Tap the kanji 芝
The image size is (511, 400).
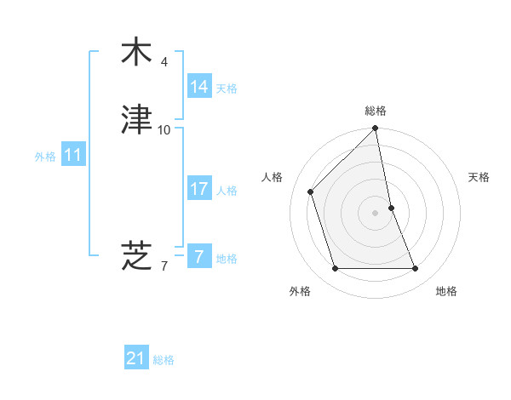136,254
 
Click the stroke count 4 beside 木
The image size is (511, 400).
164,62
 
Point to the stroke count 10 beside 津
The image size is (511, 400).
164,130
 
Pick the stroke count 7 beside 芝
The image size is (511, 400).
164,266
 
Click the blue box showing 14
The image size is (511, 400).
198,87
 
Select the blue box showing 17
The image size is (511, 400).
198,190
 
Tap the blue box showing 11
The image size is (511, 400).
73,155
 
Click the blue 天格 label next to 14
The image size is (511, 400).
227,89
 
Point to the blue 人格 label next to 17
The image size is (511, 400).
227,191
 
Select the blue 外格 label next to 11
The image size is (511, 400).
45,157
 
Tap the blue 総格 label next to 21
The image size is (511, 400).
164,360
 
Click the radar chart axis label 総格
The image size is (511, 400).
376,111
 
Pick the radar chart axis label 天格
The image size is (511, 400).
479,177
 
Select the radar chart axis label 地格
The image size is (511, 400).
446,291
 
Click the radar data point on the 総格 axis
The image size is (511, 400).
376,129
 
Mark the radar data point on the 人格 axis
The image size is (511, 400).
311,191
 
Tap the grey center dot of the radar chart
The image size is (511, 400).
376,212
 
